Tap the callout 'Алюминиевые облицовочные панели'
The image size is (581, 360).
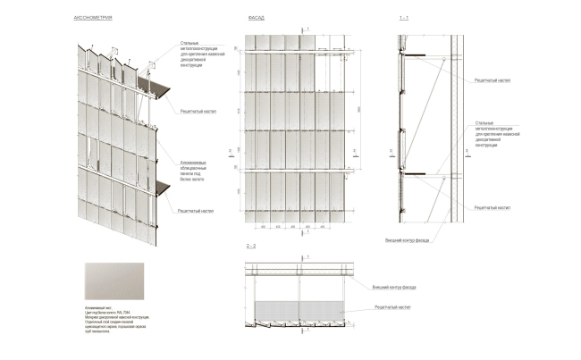coord(195,167)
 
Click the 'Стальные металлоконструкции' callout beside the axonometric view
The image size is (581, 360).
coord(199,54)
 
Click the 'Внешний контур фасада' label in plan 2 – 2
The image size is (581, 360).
coord(395,287)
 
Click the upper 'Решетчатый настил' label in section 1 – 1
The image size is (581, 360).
coord(491,80)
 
